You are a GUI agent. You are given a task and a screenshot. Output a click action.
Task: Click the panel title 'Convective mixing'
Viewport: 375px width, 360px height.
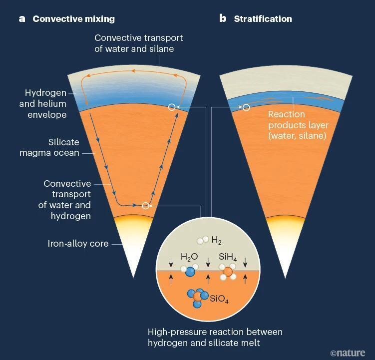73,19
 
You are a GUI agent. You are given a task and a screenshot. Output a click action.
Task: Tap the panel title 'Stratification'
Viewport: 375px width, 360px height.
263,19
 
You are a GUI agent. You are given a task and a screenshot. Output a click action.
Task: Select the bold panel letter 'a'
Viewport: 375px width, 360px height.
22,19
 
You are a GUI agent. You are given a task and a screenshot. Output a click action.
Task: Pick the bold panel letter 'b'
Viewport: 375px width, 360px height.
223,19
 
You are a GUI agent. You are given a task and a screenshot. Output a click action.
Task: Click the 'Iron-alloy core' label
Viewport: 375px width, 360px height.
78,244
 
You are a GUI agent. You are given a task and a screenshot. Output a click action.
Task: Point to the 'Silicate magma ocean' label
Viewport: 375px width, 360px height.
49,147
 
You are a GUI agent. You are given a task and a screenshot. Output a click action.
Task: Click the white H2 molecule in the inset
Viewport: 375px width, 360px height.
202,240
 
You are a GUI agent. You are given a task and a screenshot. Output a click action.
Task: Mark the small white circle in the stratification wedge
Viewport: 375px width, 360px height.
246,107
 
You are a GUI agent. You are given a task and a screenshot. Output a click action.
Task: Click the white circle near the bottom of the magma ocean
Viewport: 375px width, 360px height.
145,206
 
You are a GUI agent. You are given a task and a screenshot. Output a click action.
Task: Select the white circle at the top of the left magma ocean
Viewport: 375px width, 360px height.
172,107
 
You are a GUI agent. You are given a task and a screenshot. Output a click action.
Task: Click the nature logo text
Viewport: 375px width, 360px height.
348,353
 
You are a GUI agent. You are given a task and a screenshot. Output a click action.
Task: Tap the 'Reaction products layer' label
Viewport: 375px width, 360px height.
297,125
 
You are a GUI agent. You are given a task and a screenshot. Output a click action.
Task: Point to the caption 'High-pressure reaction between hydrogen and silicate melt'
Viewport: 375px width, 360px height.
215,338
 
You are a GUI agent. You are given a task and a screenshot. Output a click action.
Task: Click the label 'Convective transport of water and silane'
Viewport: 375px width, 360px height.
138,43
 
